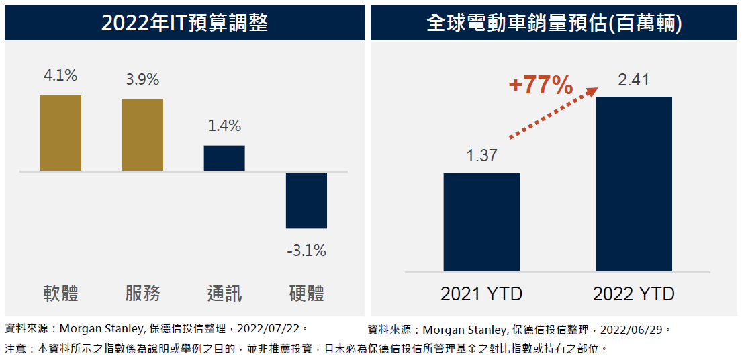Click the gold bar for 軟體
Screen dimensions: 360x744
60,133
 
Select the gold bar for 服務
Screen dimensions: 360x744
142,135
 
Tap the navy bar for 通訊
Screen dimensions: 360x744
224,158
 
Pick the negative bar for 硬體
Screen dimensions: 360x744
306,200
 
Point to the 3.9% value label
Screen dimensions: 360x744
142,79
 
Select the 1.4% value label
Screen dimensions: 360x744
224,126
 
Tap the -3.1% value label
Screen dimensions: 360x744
306,251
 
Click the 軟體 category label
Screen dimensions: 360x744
60,294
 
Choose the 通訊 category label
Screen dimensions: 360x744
224,294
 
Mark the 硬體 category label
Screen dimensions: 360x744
306,294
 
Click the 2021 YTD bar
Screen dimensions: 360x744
481,222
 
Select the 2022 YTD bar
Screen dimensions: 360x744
634,183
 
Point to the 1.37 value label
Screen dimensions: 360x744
481,156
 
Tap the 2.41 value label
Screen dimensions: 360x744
634,81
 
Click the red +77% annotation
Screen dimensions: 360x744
541,86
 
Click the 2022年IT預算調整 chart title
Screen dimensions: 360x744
185,23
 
